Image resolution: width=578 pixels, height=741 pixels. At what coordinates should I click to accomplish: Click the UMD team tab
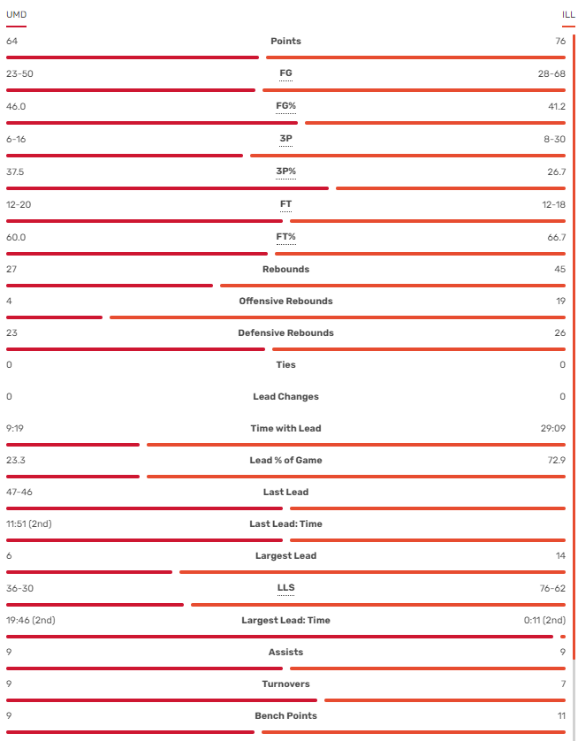click(x=16, y=14)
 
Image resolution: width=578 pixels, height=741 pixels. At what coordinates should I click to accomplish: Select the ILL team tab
click(x=568, y=14)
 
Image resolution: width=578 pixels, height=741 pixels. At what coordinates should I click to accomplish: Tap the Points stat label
click(x=285, y=42)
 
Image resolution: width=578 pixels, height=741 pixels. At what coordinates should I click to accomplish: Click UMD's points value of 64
click(x=11, y=42)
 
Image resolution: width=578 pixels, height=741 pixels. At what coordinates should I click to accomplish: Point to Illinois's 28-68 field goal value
click(x=551, y=73)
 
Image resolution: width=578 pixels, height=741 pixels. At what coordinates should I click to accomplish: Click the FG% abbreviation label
click(x=285, y=106)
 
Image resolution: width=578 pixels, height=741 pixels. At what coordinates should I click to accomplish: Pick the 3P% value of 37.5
click(x=15, y=172)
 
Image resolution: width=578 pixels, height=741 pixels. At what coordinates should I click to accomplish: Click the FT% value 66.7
click(x=556, y=237)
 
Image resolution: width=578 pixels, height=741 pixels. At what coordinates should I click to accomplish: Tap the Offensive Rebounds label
click(x=285, y=302)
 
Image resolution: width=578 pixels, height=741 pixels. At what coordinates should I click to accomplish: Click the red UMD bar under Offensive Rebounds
click(x=54, y=317)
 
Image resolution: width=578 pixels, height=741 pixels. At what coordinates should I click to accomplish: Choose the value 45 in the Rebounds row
click(x=559, y=270)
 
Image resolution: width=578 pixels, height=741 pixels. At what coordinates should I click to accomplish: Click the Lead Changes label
click(x=285, y=397)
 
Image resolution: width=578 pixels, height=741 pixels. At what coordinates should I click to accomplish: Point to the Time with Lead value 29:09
click(x=552, y=429)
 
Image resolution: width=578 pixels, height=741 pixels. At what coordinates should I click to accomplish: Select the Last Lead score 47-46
click(x=19, y=493)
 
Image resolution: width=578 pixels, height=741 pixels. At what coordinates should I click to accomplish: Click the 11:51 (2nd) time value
click(x=29, y=524)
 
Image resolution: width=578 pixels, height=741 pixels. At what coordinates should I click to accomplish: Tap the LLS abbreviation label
click(x=285, y=588)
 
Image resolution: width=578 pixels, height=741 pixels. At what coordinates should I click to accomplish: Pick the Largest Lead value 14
click(x=559, y=556)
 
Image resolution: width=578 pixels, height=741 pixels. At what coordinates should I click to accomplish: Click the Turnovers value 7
click(x=562, y=684)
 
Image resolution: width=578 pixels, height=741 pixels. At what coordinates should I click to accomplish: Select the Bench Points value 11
click(x=560, y=716)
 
